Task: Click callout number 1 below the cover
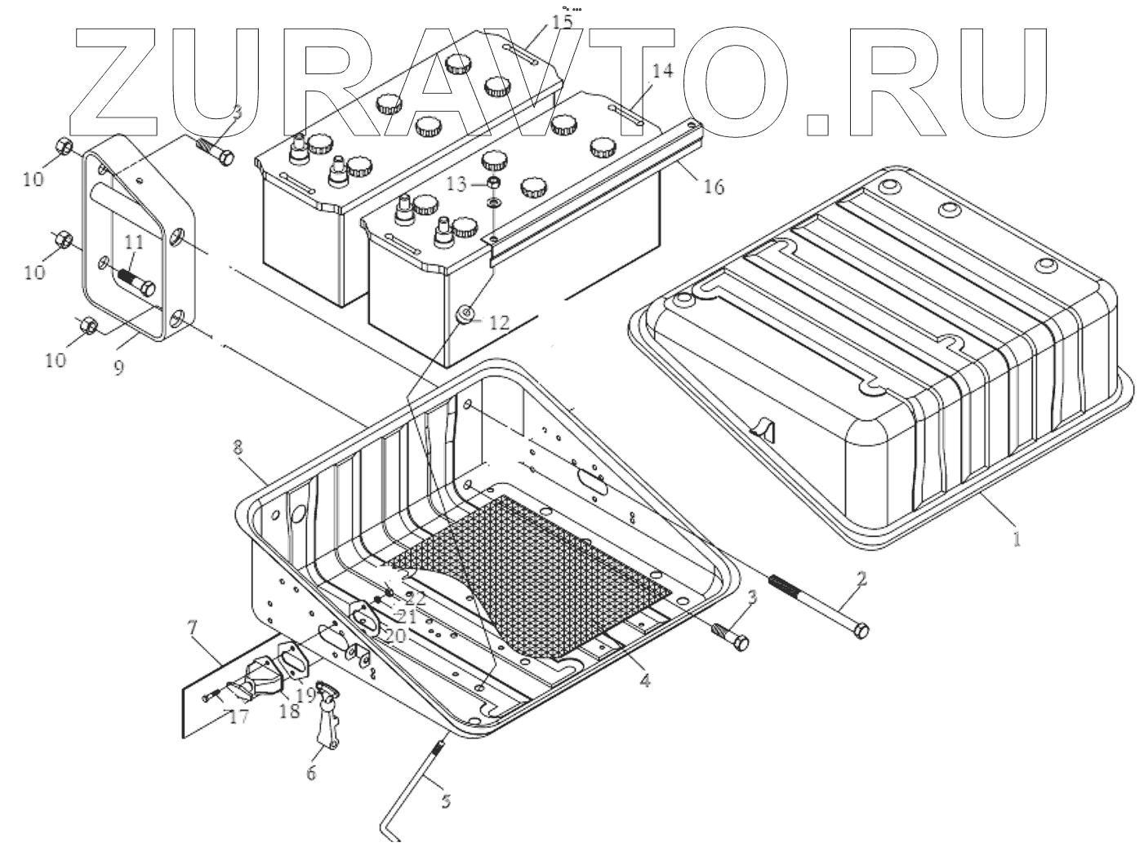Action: (1016, 539)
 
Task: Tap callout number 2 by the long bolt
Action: (861, 580)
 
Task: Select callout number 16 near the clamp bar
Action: (713, 187)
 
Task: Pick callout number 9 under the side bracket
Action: (119, 367)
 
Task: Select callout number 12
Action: (499, 323)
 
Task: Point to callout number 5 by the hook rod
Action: (445, 801)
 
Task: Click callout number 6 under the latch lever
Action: (310, 773)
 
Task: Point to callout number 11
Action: (134, 242)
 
